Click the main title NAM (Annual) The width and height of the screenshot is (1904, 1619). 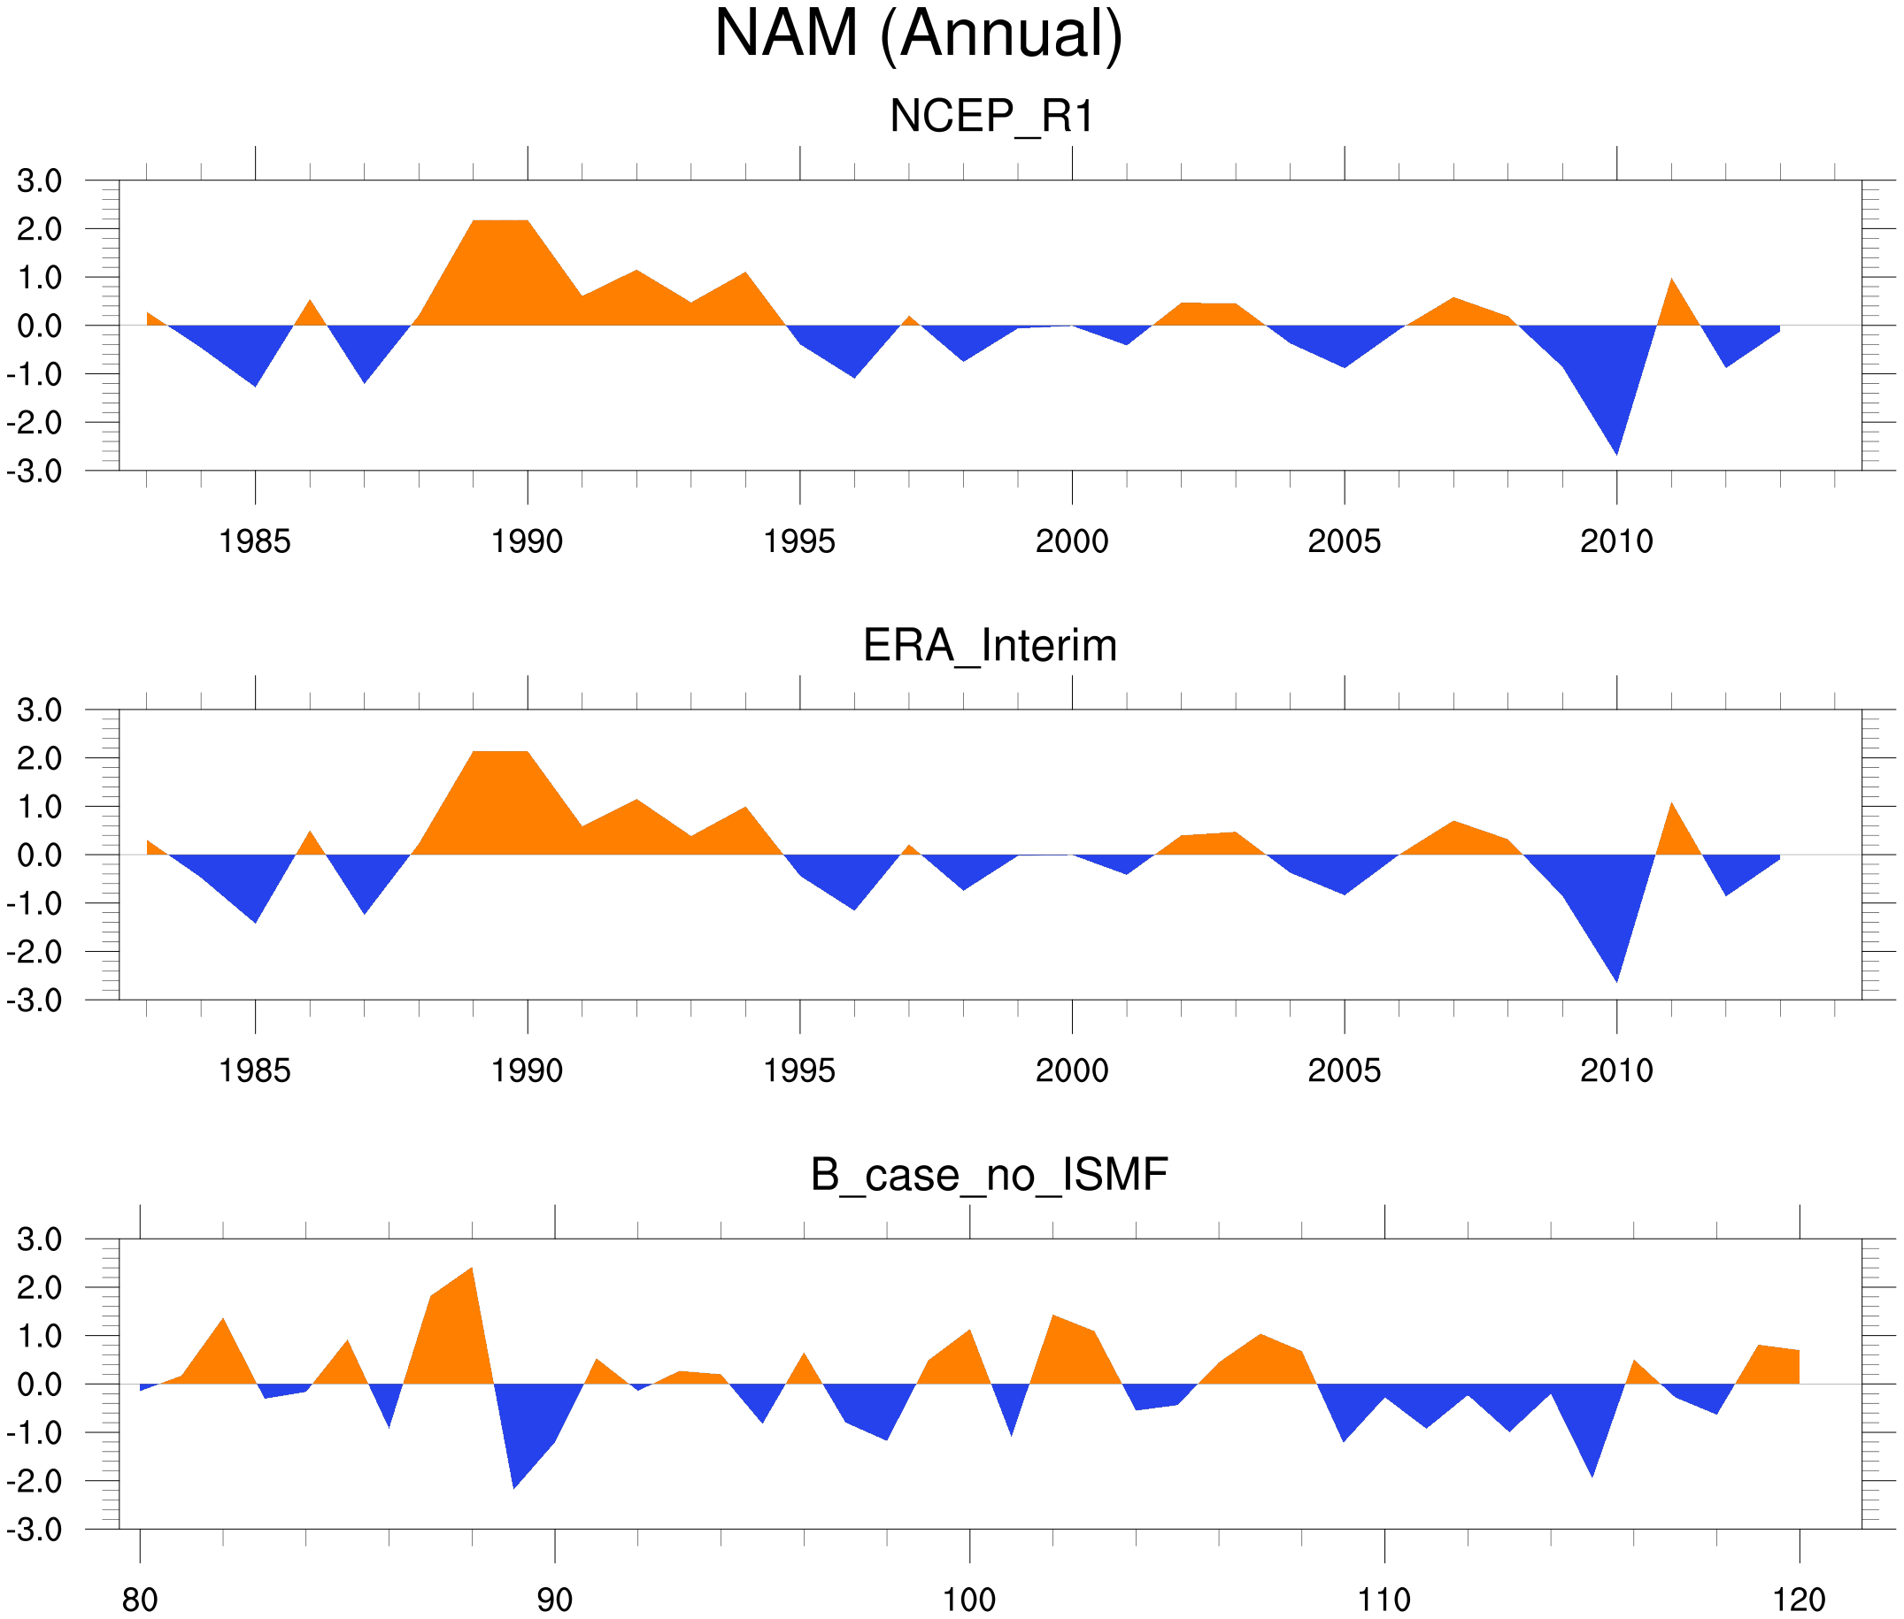point(918,35)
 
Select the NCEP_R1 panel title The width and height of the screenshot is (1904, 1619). point(991,117)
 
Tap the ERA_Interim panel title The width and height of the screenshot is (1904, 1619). point(990,645)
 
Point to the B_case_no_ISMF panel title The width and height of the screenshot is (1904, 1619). point(989,1175)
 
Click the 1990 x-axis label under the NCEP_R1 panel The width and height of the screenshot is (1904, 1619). point(527,541)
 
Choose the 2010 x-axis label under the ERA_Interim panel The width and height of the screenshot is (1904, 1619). point(1615,1070)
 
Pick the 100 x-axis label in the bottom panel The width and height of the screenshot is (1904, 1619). point(969,1600)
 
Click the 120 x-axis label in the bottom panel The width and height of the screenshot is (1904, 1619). point(1799,1600)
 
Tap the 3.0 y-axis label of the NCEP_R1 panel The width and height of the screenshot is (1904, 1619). point(40,180)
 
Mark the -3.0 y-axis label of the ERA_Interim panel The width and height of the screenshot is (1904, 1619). point(35,1001)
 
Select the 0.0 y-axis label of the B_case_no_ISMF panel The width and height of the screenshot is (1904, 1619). point(40,1384)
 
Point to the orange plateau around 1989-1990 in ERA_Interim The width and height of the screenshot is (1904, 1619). point(500,799)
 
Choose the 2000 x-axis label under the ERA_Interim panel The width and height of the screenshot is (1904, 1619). point(1071,1070)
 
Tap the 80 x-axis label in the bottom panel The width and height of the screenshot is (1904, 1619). point(140,1600)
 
